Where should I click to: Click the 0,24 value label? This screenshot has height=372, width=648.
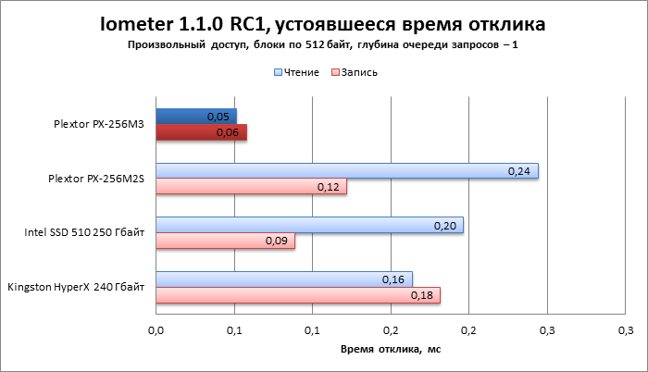[x=519, y=171]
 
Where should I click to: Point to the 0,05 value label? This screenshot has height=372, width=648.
[x=218, y=117]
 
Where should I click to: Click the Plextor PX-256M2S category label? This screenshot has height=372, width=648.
[x=96, y=179]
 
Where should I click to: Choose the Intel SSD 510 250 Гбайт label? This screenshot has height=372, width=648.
[x=85, y=233]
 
